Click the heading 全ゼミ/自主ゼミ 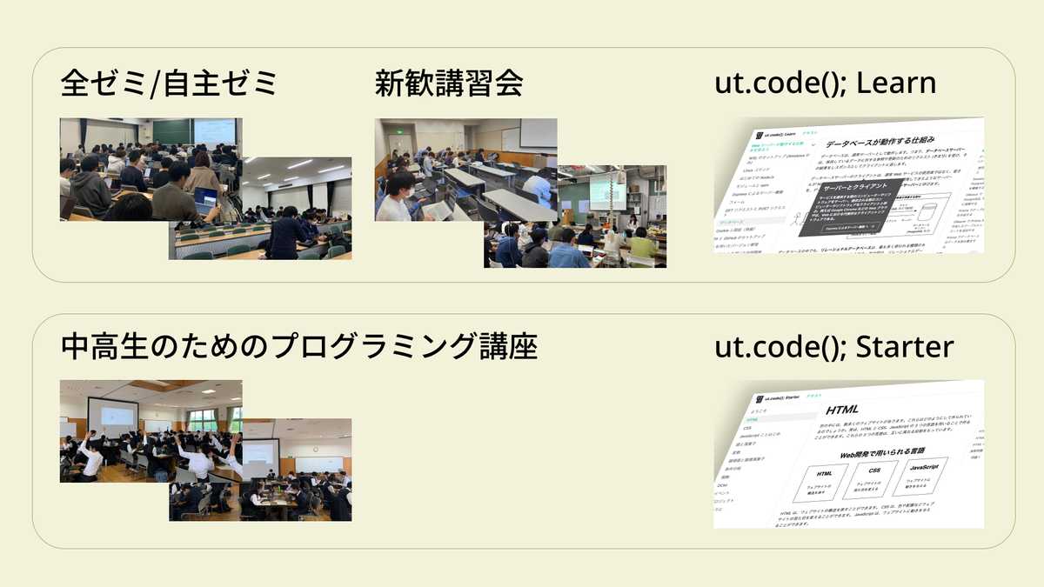tap(168, 84)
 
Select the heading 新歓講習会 tap(448, 84)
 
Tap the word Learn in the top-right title tap(896, 83)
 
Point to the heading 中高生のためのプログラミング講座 tap(299, 347)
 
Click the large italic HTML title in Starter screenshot tap(842, 409)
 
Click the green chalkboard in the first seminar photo tap(171, 131)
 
